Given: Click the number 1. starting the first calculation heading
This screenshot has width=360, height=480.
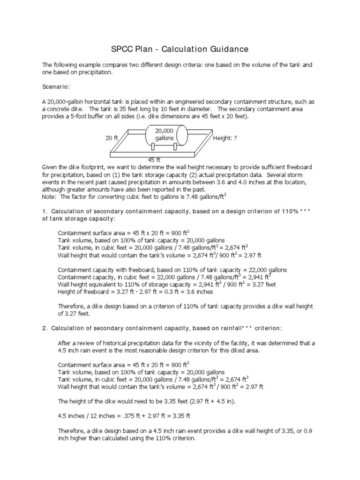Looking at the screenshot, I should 45,211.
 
